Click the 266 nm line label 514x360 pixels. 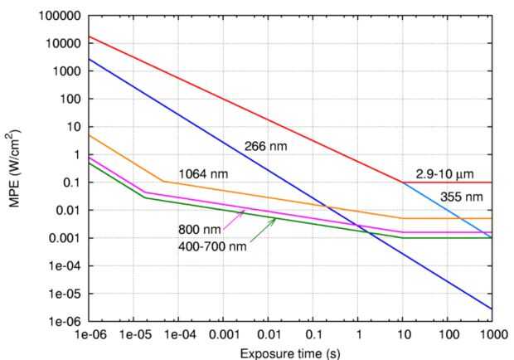coord(265,147)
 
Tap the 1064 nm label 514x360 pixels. coord(201,173)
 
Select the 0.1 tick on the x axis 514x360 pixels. coord(313,334)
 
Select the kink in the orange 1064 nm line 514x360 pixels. coord(161,181)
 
